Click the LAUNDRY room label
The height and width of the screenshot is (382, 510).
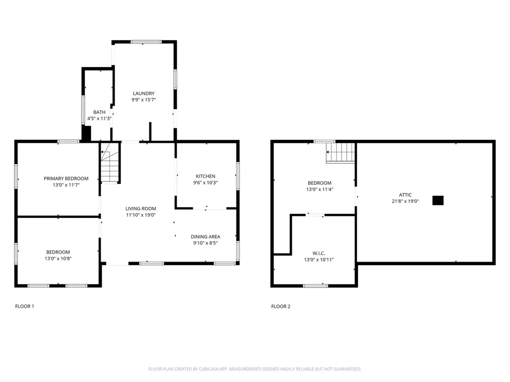click(x=144, y=94)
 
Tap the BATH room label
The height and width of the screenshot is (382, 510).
click(x=99, y=112)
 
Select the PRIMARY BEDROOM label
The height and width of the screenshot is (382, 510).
click(x=66, y=179)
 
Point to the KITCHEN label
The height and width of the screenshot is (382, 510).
click(x=206, y=176)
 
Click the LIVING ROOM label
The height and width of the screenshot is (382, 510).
click(x=141, y=208)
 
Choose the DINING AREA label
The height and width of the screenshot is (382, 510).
click(x=206, y=236)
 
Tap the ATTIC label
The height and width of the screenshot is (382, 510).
click(x=405, y=195)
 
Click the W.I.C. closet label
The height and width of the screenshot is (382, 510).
click(x=319, y=253)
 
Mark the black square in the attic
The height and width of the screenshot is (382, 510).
click(x=438, y=200)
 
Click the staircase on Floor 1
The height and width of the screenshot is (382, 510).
click(x=110, y=163)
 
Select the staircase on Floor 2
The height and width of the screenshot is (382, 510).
click(x=341, y=152)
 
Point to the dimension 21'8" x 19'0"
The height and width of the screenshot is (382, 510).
click(x=405, y=201)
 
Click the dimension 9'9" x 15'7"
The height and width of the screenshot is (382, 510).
click(x=144, y=99)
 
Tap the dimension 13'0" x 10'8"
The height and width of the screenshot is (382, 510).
click(x=58, y=259)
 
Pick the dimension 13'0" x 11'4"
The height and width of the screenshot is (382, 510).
click(x=320, y=189)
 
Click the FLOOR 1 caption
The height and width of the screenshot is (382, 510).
click(x=24, y=306)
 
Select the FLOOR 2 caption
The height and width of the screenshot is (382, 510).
click(x=281, y=306)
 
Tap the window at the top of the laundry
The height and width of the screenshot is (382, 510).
click(x=146, y=42)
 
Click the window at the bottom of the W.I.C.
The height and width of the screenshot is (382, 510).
click(x=315, y=286)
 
